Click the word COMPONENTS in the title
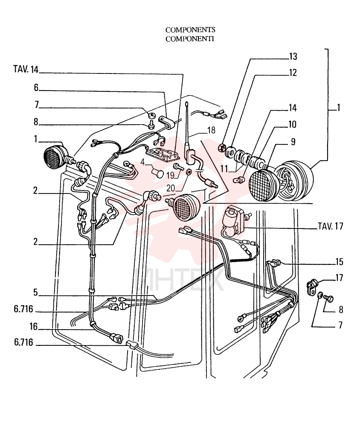190,30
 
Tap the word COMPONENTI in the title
190,39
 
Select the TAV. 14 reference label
26,69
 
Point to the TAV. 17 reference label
330,226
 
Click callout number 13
293,56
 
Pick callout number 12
293,73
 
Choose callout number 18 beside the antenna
211,130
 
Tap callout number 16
34,326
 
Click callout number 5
35,292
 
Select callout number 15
340,262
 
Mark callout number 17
340,278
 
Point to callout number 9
293,142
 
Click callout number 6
36,88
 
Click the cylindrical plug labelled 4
157,173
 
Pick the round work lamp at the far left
55,157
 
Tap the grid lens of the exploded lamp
262,185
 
